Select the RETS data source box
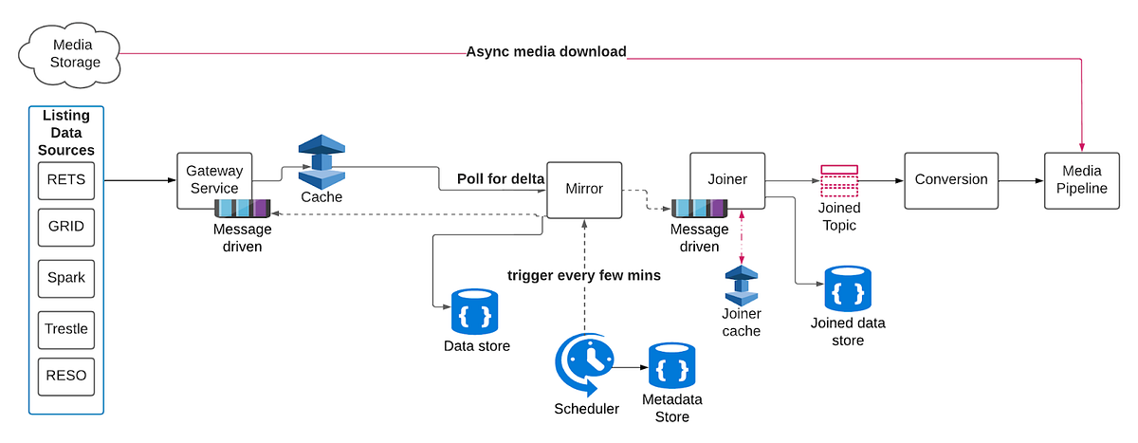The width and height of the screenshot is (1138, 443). pyautogui.click(x=66, y=180)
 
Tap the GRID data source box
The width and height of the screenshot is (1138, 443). pyautogui.click(x=66, y=228)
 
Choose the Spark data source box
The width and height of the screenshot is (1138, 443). pyautogui.click(x=66, y=278)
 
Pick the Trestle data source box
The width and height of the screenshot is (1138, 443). pyautogui.click(x=66, y=329)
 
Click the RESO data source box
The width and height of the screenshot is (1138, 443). pyautogui.click(x=66, y=376)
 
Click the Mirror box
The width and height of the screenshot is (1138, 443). pyautogui.click(x=583, y=188)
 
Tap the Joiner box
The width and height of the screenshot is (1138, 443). pyautogui.click(x=727, y=179)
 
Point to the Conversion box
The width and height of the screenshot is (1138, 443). pyautogui.click(x=951, y=179)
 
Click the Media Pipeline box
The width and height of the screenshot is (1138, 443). pyautogui.click(x=1082, y=179)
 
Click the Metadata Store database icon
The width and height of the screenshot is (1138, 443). pyautogui.click(x=672, y=368)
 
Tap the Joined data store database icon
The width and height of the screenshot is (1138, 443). pyautogui.click(x=848, y=289)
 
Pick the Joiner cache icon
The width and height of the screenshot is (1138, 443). pyautogui.click(x=741, y=285)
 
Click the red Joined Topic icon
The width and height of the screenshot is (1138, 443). pyautogui.click(x=839, y=181)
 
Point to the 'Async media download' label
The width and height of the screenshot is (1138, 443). pyautogui.click(x=546, y=51)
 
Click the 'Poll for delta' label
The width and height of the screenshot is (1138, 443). pyautogui.click(x=501, y=178)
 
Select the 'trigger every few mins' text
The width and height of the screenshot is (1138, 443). pyautogui.click(x=584, y=275)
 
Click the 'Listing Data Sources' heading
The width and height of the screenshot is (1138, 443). pyautogui.click(x=66, y=133)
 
